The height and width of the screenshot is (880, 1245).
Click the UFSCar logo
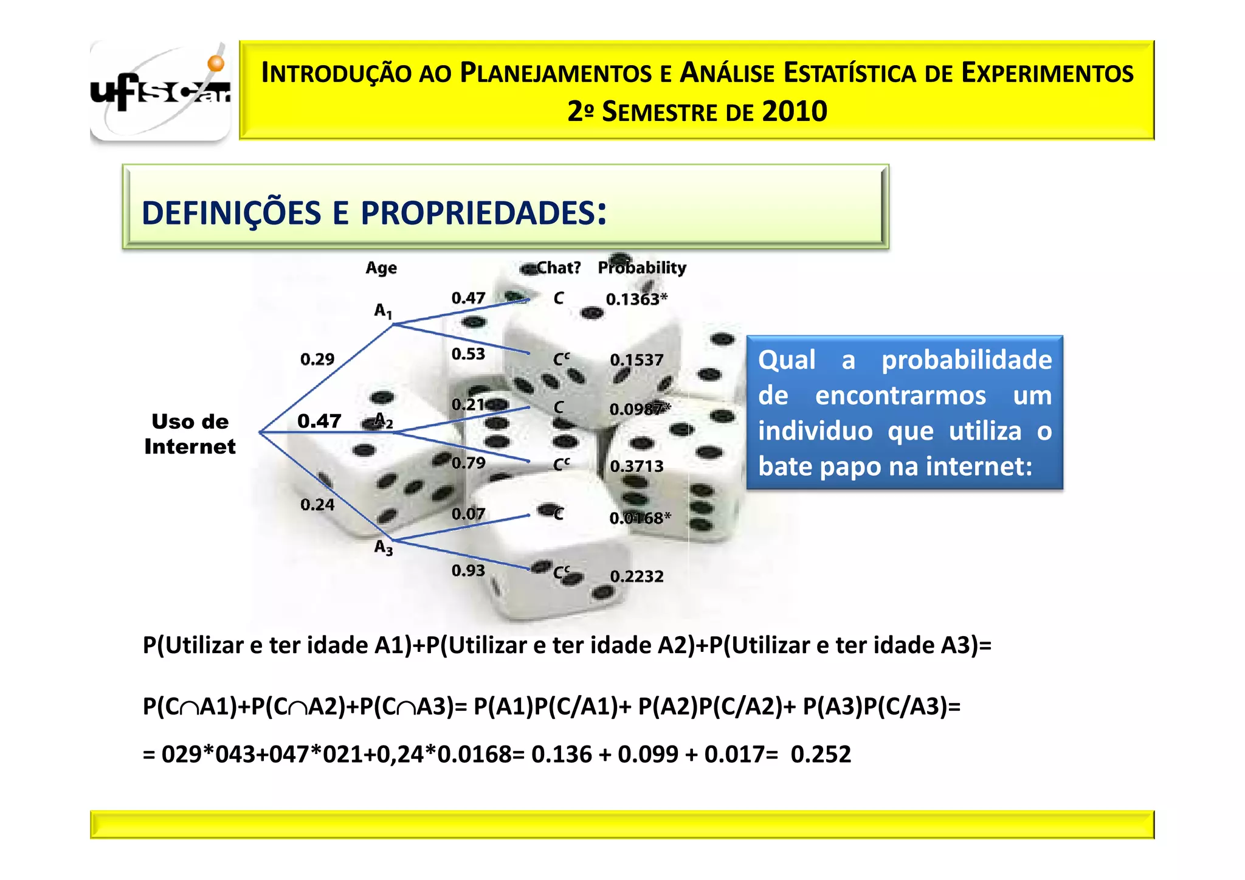pos(160,91)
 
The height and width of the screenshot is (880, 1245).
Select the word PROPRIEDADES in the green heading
pos(478,213)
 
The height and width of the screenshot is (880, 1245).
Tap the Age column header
pos(381,268)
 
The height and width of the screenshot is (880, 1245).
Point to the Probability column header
pos(642,268)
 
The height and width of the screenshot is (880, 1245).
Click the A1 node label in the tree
pos(383,311)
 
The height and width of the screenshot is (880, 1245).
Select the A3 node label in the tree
pos(383,547)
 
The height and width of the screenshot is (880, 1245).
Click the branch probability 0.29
pos(317,359)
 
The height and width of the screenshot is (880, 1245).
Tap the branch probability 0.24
pos(317,505)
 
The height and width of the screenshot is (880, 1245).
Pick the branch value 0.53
pos(468,354)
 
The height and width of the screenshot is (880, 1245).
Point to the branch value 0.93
pos(468,570)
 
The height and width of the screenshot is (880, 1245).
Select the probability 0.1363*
pos(636,299)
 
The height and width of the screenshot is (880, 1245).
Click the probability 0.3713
pos(636,466)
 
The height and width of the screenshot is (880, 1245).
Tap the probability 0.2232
pos(636,576)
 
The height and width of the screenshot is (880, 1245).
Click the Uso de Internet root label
pos(190,434)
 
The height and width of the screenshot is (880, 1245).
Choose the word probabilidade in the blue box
pos(967,360)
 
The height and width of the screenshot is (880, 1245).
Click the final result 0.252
pos(821,754)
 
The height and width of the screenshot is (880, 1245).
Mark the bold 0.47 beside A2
pos(319,421)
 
